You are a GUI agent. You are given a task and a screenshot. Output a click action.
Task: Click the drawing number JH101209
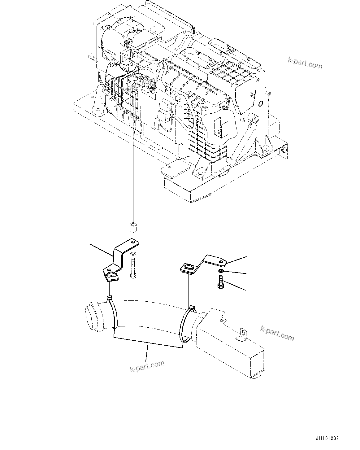tap(327, 439)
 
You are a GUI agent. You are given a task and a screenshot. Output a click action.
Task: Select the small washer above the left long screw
tap(133, 254)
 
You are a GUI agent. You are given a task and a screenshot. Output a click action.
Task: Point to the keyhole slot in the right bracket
tap(189, 268)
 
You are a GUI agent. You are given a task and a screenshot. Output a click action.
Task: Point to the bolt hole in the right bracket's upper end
tap(220, 262)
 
